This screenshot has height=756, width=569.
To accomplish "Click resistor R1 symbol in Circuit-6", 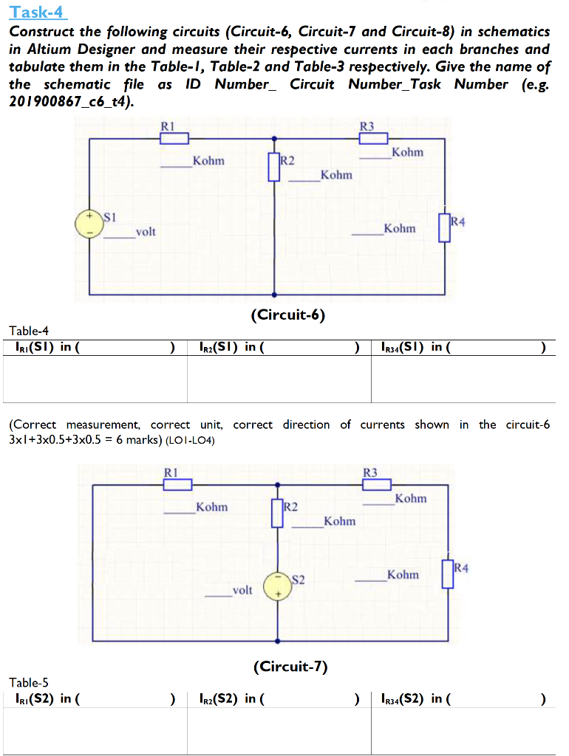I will click(x=175, y=138).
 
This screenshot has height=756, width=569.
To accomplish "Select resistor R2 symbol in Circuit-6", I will click(x=274, y=168).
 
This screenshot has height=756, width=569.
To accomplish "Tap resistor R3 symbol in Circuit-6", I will click(x=373, y=138).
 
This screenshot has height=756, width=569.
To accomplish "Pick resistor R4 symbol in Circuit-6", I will click(x=444, y=229).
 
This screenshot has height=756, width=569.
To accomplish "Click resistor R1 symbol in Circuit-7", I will click(x=177, y=484).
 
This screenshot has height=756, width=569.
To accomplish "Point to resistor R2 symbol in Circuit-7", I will click(x=277, y=514).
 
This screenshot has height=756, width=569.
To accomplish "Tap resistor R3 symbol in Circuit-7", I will click(x=377, y=484).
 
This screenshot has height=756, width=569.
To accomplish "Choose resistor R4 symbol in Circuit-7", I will click(x=448, y=574).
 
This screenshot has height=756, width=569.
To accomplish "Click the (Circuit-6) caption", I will click(x=288, y=315).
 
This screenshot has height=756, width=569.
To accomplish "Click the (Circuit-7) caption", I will click(x=290, y=667).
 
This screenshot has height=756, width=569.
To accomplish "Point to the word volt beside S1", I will click(x=146, y=232).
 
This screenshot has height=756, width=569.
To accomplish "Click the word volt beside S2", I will click(x=242, y=591).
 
